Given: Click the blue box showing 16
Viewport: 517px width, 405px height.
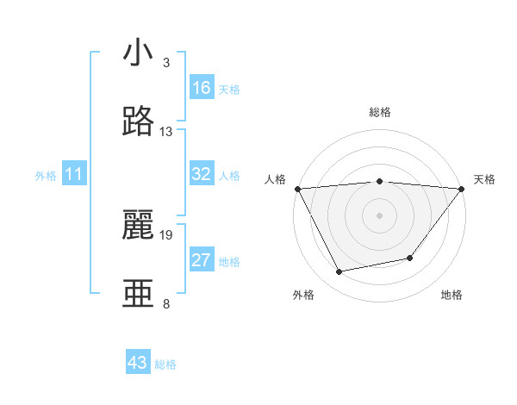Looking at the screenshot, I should (x=202, y=88).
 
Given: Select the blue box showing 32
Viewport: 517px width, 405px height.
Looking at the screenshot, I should (x=202, y=174).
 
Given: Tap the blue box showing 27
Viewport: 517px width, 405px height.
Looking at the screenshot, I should (x=202, y=260).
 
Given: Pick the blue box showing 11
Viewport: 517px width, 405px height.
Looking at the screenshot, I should (x=74, y=174).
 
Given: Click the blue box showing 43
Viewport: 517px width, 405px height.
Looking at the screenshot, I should (x=138, y=363).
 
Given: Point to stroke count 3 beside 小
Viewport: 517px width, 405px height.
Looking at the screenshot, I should (x=166, y=63).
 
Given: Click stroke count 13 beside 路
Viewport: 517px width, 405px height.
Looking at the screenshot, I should (x=166, y=132).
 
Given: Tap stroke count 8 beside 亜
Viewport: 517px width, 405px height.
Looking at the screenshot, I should (x=166, y=303).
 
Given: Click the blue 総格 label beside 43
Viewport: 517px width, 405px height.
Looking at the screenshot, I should (x=165, y=364).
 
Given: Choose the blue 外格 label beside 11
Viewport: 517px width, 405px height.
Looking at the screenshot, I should (x=46, y=176).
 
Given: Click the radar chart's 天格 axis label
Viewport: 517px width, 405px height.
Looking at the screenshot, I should (x=484, y=179).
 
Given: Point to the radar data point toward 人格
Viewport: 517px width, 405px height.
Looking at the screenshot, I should (x=297, y=189).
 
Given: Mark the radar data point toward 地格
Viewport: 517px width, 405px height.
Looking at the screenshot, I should (x=410, y=258).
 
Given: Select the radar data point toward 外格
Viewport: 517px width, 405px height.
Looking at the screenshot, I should (x=339, y=271).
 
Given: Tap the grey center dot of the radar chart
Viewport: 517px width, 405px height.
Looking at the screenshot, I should (x=379, y=215).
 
